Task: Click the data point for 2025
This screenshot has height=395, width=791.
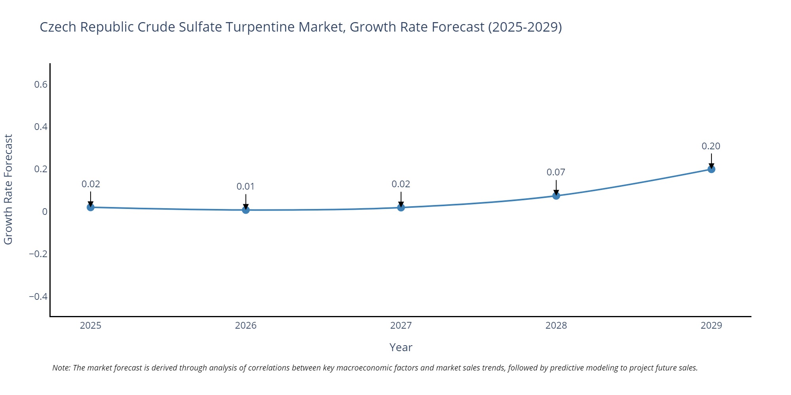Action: pyautogui.click(x=91, y=207)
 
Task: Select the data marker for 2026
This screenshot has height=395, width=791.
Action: pyautogui.click(x=246, y=210)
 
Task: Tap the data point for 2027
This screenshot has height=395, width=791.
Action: pyautogui.click(x=401, y=207)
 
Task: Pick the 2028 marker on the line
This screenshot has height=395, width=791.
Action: pyautogui.click(x=556, y=196)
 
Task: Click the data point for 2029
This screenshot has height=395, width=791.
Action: pyautogui.click(x=711, y=169)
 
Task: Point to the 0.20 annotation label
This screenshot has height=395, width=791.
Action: pyautogui.click(x=711, y=146)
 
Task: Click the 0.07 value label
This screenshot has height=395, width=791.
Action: pyautogui.click(x=556, y=172)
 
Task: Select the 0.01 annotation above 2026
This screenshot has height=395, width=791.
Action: pyautogui.click(x=246, y=186)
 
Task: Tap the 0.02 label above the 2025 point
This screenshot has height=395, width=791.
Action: pyautogui.click(x=91, y=184)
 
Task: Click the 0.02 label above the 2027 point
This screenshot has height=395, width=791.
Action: pyautogui.click(x=401, y=184)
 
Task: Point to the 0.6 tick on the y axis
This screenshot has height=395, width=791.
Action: pyautogui.click(x=40, y=85)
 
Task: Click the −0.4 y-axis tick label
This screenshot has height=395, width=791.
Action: pyautogui.click(x=38, y=296)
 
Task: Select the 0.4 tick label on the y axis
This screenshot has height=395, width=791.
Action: pyautogui.click(x=40, y=127)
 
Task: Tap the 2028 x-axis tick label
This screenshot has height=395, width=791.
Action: pyautogui.click(x=556, y=325)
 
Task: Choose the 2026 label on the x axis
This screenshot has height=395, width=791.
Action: pyautogui.click(x=246, y=325)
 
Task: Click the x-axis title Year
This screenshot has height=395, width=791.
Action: pyautogui.click(x=401, y=348)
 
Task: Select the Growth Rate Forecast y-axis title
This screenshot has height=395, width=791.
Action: pyautogui.click(x=8, y=190)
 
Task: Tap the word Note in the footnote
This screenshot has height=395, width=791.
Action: pyautogui.click(x=61, y=368)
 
